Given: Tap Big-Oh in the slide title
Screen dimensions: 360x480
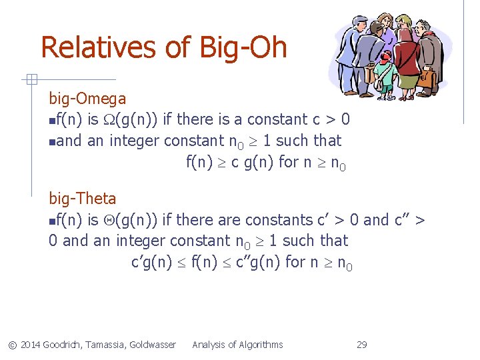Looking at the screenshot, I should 243,48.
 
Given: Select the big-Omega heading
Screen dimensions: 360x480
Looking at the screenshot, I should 87,99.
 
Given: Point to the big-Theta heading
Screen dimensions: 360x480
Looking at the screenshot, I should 83,199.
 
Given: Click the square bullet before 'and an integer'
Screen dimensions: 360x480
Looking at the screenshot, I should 52,141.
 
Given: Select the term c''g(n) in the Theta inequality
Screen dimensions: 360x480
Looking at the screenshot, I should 258,262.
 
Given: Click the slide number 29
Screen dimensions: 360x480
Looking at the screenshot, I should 362,345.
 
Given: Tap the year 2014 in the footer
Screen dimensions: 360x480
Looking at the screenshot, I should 31,345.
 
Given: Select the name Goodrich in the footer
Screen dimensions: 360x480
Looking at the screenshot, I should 63,345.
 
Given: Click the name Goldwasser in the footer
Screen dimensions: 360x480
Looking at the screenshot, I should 154,345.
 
